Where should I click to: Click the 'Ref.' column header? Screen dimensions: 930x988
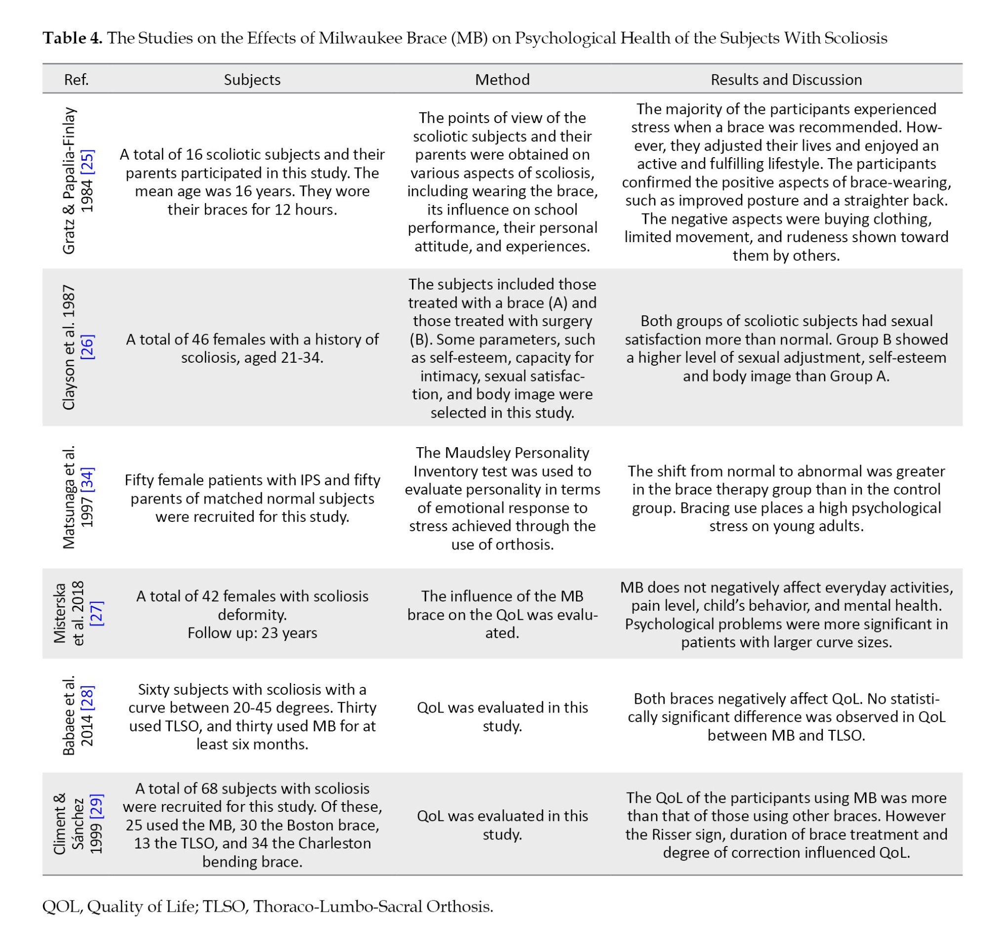(x=76, y=80)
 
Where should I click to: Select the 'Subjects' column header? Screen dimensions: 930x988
(x=252, y=80)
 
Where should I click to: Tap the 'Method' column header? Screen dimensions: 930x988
(x=502, y=80)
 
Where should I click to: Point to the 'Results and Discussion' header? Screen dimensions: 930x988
(x=786, y=80)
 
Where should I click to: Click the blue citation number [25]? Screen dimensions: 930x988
(x=87, y=162)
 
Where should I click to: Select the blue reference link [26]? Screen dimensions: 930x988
(x=87, y=347)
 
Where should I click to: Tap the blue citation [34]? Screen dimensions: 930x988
(x=87, y=480)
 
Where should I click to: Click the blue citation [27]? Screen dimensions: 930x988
(x=96, y=613)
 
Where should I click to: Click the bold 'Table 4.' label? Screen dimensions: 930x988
(x=73, y=38)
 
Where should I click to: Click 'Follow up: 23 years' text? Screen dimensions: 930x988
(x=252, y=633)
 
